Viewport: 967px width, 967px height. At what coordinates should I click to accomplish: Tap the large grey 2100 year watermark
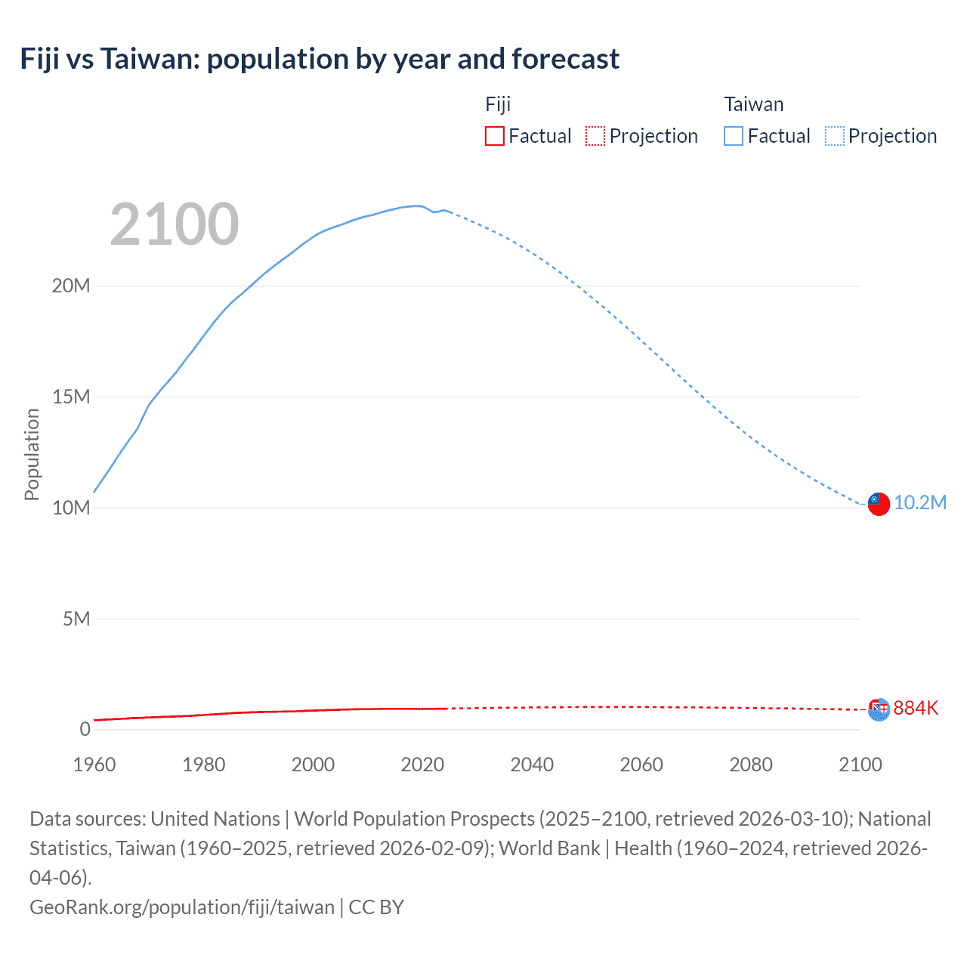(x=175, y=224)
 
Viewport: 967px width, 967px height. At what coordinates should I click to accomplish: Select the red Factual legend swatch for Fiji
(x=494, y=136)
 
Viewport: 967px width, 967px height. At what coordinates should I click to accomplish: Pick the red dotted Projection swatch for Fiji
(x=595, y=136)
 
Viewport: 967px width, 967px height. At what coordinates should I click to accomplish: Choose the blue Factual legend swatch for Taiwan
(x=733, y=136)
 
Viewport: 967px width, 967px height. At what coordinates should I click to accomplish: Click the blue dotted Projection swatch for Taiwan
(x=834, y=136)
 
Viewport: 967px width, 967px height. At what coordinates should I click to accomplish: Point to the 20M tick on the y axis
(x=71, y=286)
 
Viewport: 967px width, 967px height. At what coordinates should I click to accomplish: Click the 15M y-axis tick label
(x=71, y=397)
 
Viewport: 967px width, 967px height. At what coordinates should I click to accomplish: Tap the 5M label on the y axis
(x=76, y=619)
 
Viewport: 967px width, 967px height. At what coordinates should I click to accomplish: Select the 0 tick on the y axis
(x=85, y=729)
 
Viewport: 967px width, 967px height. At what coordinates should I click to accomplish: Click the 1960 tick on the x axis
(x=94, y=765)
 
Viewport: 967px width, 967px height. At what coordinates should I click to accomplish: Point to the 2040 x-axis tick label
(x=532, y=765)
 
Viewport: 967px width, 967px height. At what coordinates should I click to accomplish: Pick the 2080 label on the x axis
(x=751, y=765)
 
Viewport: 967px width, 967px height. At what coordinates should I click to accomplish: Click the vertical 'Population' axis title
(x=32, y=454)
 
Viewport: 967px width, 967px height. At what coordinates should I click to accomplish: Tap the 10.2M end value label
(x=919, y=503)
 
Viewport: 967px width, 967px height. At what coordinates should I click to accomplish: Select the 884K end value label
(x=916, y=708)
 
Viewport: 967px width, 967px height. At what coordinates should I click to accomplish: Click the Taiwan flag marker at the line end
(x=878, y=504)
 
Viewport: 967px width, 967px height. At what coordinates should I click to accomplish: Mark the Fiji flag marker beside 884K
(x=878, y=709)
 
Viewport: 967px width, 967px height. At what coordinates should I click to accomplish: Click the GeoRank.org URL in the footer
(x=181, y=907)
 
